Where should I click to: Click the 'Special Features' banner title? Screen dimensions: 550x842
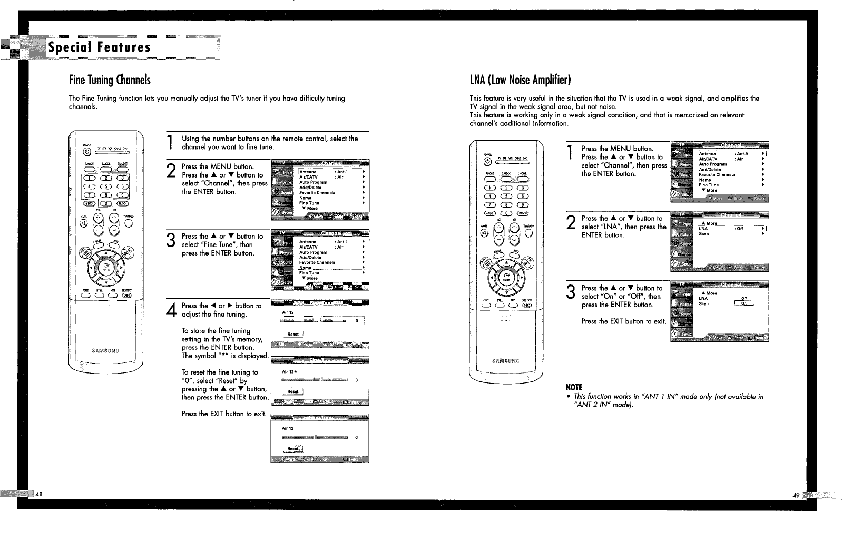click(100, 48)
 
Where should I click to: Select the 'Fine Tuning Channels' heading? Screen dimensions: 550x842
click(110, 80)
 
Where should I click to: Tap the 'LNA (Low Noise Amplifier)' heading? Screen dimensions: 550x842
click(520, 80)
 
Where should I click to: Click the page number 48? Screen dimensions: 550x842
click(38, 494)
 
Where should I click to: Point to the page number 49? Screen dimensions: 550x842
click(795, 495)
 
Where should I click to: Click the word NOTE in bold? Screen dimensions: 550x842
click(574, 387)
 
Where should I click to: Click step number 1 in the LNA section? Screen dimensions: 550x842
click(570, 153)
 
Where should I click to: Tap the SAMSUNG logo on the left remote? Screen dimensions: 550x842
click(105, 350)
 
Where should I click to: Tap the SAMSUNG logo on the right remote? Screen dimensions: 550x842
click(505, 361)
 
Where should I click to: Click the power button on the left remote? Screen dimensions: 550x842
click(86, 153)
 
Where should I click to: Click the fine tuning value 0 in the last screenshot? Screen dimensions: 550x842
click(357, 437)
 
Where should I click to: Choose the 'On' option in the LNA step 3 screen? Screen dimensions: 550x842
click(744, 303)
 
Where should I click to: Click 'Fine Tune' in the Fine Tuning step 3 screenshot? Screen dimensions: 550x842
click(309, 273)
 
